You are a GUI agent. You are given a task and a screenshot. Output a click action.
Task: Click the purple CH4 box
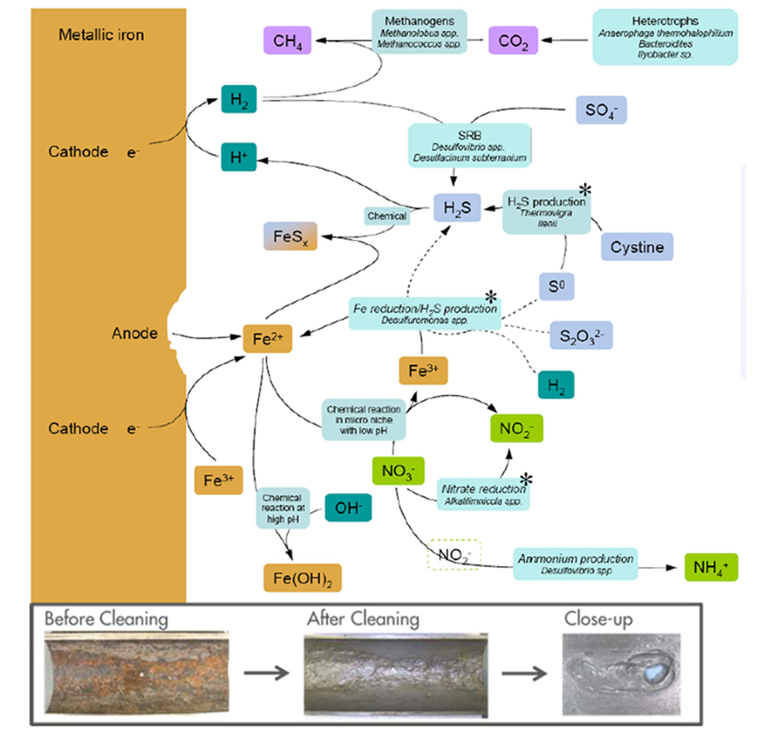click(287, 41)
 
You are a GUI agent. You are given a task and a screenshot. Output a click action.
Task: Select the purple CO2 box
click(513, 41)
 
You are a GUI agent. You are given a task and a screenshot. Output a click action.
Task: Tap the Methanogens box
click(419, 32)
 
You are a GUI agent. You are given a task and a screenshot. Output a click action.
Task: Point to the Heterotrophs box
click(665, 37)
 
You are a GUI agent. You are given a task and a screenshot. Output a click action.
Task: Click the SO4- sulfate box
click(601, 110)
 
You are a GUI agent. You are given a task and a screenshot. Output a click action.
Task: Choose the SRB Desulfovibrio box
click(469, 146)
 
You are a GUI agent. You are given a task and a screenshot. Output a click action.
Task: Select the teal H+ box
click(239, 157)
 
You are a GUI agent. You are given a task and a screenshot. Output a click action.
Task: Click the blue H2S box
click(457, 208)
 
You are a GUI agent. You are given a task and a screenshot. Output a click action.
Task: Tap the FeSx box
click(290, 237)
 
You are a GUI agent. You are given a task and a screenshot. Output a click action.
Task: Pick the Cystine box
click(636, 247)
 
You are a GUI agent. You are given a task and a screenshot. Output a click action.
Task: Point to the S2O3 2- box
click(581, 336)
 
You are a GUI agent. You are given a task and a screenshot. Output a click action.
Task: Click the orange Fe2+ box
click(268, 339)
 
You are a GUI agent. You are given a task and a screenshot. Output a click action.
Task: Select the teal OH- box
click(348, 508)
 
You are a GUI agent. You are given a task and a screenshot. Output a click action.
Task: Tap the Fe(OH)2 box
click(302, 578)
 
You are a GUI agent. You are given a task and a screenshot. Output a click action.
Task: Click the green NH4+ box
click(711, 568)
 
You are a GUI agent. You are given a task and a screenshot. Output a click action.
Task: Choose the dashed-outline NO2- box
click(454, 554)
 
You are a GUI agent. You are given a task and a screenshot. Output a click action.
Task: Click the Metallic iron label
click(101, 35)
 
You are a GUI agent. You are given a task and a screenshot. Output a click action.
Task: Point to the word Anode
click(134, 333)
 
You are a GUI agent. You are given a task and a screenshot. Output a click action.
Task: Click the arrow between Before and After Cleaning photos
click(266, 673)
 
